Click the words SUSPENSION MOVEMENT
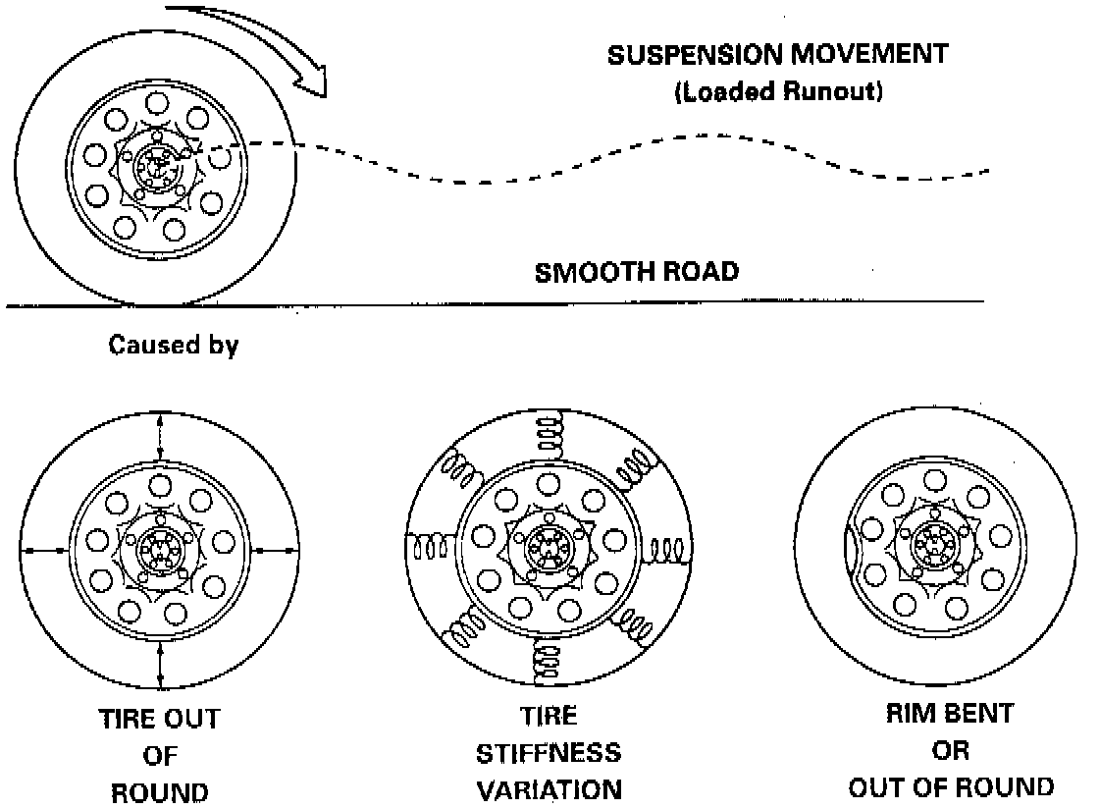click(778, 54)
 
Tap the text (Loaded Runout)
click(778, 94)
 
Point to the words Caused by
click(174, 347)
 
